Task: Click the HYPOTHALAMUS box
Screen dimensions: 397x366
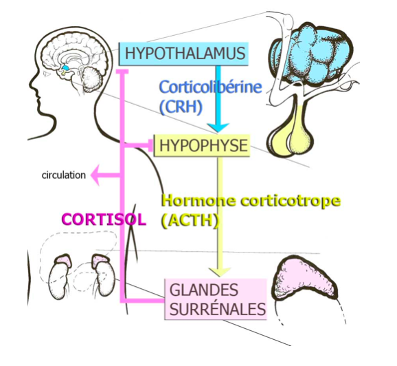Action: tap(183, 54)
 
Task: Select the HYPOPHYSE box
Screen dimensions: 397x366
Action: tap(202, 146)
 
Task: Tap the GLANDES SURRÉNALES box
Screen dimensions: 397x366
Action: tap(216, 299)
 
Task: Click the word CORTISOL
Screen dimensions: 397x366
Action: tap(104, 219)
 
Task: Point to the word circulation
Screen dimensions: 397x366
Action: tap(64, 175)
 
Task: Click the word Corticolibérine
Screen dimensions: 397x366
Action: tap(211, 87)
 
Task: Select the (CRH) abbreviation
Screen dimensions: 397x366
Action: tap(181, 107)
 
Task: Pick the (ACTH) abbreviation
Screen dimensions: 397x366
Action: tap(190, 220)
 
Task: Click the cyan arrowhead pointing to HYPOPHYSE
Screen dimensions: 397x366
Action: tap(218, 127)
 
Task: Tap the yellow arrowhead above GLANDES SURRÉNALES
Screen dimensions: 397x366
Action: tap(220, 272)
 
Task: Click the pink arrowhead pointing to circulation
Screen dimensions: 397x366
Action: tap(95, 175)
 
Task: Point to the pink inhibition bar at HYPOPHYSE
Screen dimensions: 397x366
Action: tap(150, 146)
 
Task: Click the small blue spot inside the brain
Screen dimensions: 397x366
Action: tap(65, 67)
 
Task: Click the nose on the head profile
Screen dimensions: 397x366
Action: tap(32, 85)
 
